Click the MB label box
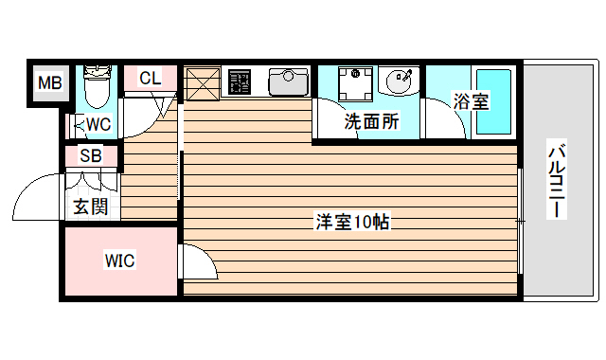pyautogui.click(x=49, y=83)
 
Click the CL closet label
pyautogui.click(x=150, y=80)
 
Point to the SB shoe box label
pyautogui.click(x=91, y=156)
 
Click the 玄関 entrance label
pyautogui.click(x=91, y=207)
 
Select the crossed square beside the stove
pyautogui.click(x=202, y=81)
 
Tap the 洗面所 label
pyautogui.click(x=370, y=121)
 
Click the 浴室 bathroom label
pyautogui.click(x=470, y=100)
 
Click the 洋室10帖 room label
pyautogui.click(x=353, y=224)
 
